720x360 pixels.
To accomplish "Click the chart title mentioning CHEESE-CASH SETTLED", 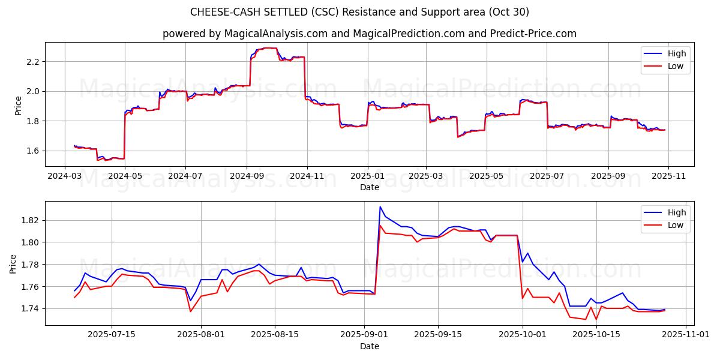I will (360, 12).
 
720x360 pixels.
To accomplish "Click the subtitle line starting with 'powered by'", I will (369, 34).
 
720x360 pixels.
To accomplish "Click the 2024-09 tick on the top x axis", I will (247, 177).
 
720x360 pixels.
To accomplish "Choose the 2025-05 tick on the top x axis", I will (486, 177).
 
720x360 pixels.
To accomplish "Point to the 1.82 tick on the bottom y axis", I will (30, 220).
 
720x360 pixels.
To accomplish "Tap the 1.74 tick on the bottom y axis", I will (30, 308).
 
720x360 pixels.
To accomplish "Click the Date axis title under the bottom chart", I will (369, 346).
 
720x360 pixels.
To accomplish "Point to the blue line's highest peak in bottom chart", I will (380, 207).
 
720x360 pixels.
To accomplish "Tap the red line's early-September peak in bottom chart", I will (380, 226).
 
